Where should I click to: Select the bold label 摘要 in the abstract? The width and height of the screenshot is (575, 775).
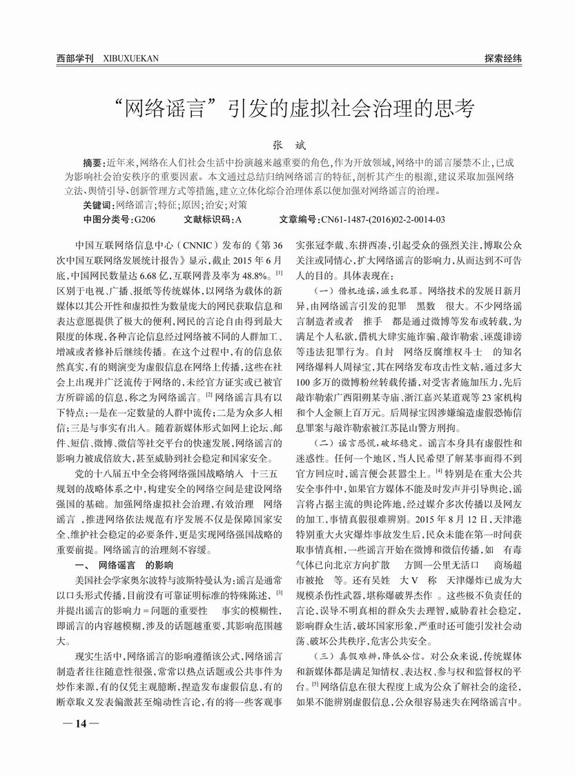point(92,163)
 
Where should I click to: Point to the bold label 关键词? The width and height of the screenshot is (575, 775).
point(97,205)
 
